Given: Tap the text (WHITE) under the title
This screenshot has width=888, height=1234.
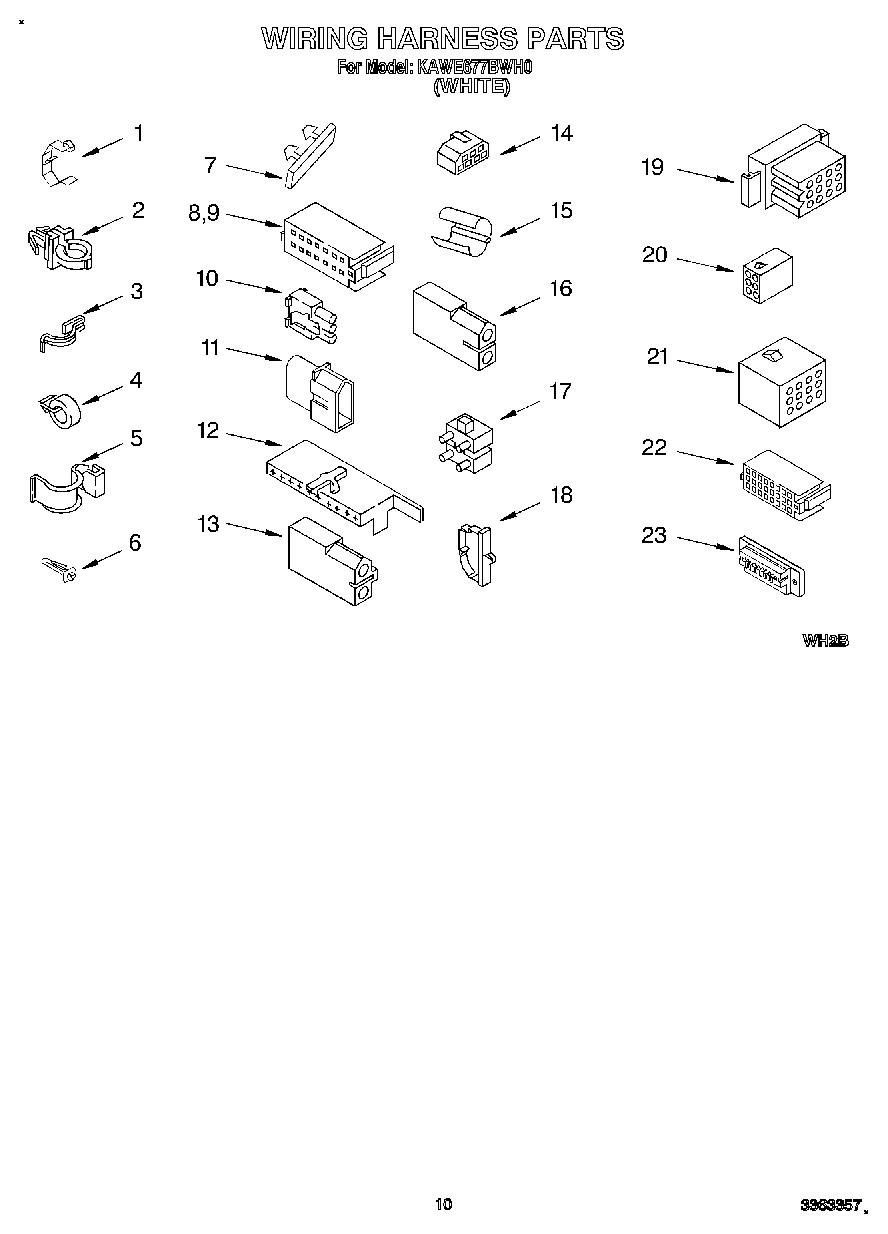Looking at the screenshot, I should click(x=471, y=87).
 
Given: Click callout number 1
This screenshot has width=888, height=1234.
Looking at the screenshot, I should click(x=138, y=133).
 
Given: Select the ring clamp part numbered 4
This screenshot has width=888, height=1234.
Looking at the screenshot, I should click(x=62, y=408).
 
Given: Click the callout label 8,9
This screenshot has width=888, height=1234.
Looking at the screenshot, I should click(x=203, y=212).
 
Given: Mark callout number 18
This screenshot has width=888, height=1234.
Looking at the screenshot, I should click(x=561, y=494).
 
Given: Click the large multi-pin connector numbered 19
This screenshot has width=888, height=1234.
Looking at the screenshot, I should click(x=796, y=170).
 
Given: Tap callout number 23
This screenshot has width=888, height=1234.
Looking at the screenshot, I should click(x=653, y=536).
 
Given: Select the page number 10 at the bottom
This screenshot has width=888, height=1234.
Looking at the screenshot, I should click(x=444, y=1204).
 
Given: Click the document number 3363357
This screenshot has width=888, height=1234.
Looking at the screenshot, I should click(x=829, y=1207).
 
